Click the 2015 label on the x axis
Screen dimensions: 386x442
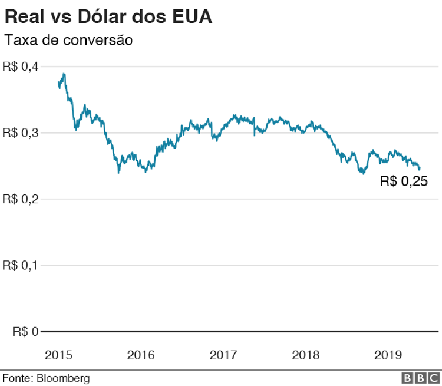58,355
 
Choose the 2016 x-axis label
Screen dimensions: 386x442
140,355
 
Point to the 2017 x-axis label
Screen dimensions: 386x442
223,355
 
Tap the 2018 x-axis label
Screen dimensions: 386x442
306,355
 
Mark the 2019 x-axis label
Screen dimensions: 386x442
388,355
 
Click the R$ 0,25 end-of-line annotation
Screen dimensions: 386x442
404,182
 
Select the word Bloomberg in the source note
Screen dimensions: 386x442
63,378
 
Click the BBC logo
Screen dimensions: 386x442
420,378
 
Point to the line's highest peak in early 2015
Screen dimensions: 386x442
63,74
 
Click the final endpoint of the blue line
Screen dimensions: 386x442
420,168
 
